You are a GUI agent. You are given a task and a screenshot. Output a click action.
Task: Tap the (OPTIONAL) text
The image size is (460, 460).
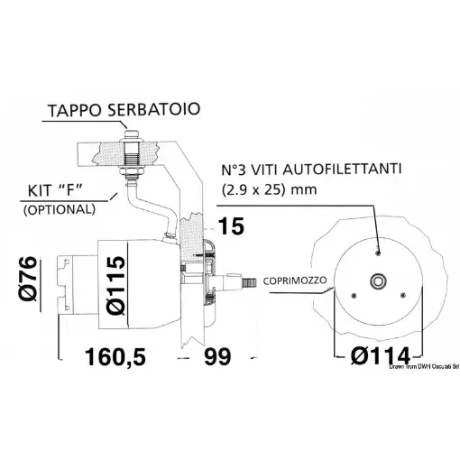(x=56, y=208)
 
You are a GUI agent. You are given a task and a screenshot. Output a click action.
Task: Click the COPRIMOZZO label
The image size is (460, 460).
(x=296, y=282)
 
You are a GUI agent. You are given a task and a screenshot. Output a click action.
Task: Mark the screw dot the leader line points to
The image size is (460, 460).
(x=376, y=244)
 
